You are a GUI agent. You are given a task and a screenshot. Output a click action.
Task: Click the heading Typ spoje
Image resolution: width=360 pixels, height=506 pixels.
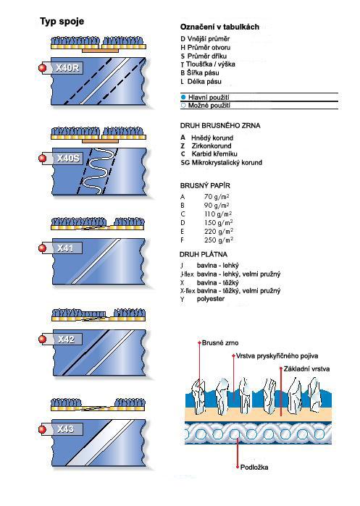point(62,22)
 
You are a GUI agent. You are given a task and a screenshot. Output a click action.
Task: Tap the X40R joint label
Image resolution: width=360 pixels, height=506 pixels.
point(67,68)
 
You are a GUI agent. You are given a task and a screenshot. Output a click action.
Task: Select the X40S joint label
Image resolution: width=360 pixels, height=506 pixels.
point(68,158)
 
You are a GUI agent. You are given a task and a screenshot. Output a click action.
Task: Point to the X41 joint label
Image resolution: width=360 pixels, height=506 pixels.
point(65,248)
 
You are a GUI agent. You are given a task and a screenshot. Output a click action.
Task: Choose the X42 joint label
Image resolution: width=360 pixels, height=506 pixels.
point(66,340)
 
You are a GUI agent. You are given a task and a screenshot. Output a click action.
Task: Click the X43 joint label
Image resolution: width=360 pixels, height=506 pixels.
point(65,429)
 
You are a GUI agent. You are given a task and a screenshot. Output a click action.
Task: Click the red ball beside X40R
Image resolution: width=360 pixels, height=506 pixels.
point(42,68)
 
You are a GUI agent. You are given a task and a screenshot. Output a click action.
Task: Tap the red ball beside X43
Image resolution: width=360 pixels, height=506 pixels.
point(42,429)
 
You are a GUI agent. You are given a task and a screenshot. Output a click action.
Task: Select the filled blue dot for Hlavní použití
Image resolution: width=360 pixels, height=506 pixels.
point(183,97)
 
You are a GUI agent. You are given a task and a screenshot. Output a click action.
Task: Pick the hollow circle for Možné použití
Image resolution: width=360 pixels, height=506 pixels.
point(183,105)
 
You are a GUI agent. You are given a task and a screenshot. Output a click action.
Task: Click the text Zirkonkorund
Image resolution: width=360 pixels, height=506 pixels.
point(212,146)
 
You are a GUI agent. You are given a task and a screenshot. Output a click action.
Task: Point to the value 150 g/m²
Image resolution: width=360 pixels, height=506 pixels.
point(219,223)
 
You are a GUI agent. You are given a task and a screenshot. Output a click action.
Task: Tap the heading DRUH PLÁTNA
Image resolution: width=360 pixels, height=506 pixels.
point(204,254)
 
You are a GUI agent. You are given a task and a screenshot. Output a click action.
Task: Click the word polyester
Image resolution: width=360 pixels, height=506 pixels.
point(211,299)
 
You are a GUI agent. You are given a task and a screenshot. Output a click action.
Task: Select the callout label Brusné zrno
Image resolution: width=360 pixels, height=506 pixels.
point(220,342)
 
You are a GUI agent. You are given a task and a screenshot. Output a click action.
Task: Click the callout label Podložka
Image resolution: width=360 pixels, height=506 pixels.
point(254,467)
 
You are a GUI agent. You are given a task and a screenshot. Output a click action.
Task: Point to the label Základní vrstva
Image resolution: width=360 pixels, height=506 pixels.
point(306,369)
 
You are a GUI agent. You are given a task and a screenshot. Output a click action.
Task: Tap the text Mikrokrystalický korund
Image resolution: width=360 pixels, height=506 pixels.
point(227,163)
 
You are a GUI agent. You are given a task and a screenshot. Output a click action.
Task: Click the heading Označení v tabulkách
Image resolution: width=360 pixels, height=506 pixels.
point(219,27)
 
